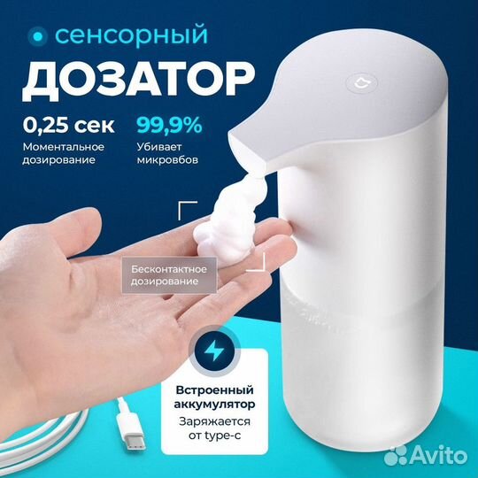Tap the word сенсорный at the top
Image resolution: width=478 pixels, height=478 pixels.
[x=131, y=36]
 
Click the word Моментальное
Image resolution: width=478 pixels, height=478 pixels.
[x=63, y=146]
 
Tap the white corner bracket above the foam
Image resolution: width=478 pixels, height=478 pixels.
[x=189, y=210]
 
